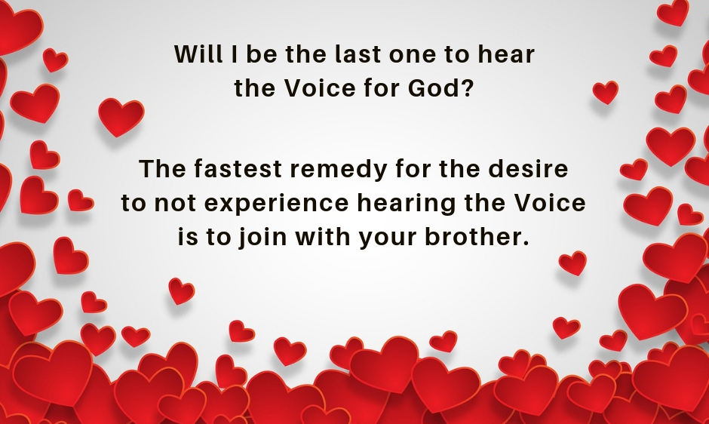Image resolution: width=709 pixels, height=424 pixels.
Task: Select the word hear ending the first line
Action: pos(508,55)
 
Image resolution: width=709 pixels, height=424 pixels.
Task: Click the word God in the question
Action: pos(437,89)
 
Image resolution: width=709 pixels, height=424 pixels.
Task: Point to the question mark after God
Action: pos(468,89)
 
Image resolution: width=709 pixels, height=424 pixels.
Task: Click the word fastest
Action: pos(233,170)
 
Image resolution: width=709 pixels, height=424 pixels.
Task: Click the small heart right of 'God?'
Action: pos(605,92)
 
